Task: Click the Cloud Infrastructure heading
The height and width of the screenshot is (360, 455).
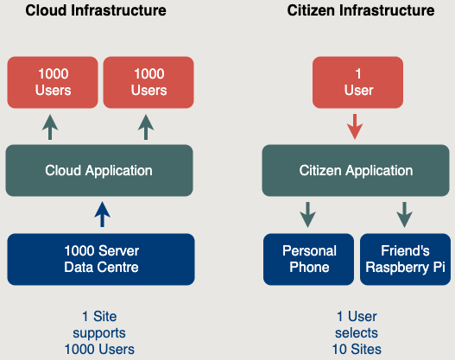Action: (x=96, y=10)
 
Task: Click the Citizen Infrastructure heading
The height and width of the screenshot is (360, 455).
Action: (x=361, y=10)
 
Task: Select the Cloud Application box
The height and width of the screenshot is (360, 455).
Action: (x=99, y=171)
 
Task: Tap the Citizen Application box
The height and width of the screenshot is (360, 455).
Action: (x=356, y=171)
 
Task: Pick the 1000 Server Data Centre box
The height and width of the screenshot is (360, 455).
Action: (x=101, y=259)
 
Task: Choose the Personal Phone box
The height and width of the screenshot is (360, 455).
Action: (x=309, y=259)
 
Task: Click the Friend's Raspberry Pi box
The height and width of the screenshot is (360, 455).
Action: (x=406, y=259)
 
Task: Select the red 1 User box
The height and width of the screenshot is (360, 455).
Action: (x=357, y=82)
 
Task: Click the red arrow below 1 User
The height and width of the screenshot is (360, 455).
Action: (x=355, y=127)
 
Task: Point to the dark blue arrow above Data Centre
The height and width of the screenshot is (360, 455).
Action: (x=102, y=214)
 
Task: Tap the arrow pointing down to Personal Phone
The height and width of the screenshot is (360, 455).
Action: (x=308, y=215)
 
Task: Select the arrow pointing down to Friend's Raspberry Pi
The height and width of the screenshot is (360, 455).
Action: (x=405, y=215)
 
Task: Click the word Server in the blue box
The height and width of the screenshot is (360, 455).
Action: (x=120, y=251)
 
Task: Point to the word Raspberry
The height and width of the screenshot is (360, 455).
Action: (x=397, y=268)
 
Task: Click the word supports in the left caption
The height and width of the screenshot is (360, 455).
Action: (x=99, y=333)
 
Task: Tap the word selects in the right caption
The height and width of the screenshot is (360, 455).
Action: (x=357, y=332)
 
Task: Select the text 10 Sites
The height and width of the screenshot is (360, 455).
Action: (x=357, y=350)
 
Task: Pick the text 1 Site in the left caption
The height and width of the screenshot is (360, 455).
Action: (x=99, y=317)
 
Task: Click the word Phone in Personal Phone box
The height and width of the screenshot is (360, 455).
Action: (x=309, y=267)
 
